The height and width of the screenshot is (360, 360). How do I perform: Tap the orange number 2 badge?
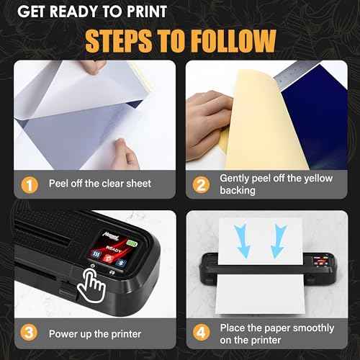pos(202,184)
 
